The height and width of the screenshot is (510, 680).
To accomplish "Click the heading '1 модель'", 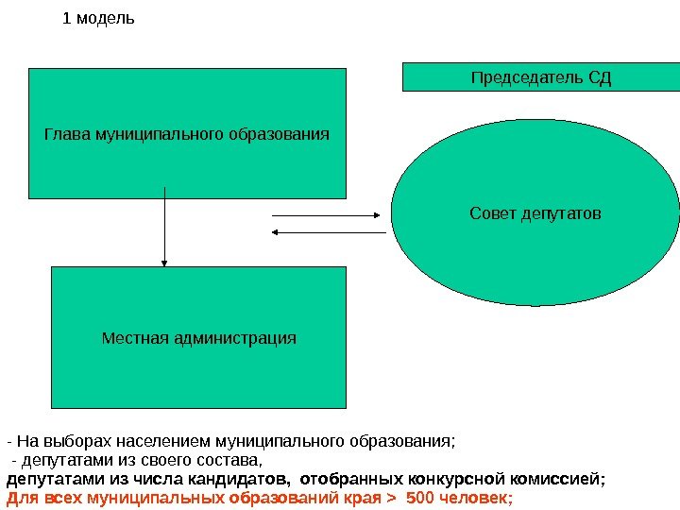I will pos(98,18).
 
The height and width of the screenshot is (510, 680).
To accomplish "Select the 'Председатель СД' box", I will pos(541,76).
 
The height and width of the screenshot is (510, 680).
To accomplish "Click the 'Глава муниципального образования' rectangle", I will pos(187,133).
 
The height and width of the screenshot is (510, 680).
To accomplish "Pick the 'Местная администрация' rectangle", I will pos(198,337).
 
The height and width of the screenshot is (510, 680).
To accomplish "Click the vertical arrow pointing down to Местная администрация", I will pos(165,227).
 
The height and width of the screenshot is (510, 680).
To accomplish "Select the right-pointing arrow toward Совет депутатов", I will pos(329,216).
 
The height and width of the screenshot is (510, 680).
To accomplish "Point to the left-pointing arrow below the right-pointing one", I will pos(329,232).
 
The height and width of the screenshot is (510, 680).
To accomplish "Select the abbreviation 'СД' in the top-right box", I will pos(600,76).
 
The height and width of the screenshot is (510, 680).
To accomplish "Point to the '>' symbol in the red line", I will pos(393,498).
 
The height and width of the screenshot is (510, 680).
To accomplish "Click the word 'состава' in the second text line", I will pos(228,460).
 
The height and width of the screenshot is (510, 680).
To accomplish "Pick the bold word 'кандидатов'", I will pos(246,479).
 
